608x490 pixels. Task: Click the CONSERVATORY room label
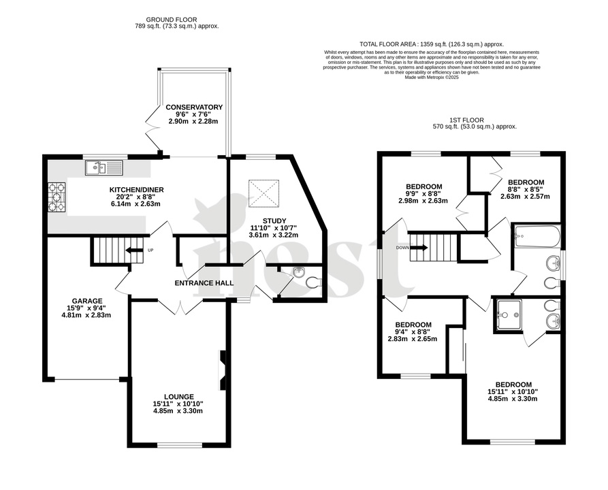point(194,108)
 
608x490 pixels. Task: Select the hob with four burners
point(57,197)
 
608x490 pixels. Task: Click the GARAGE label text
point(88,301)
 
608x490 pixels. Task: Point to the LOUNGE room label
point(178,397)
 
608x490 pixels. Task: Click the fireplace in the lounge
point(223,371)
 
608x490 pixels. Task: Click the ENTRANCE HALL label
point(204,283)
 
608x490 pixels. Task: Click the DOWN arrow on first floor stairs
point(419,248)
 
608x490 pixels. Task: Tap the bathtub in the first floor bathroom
point(537,237)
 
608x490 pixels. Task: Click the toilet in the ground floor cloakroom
point(313,282)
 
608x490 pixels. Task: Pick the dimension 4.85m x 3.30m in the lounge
point(178,411)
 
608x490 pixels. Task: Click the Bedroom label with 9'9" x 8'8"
point(424,186)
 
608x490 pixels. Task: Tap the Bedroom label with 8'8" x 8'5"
point(526,182)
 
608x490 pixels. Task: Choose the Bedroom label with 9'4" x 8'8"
point(413,325)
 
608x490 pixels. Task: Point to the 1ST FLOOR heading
point(475,119)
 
